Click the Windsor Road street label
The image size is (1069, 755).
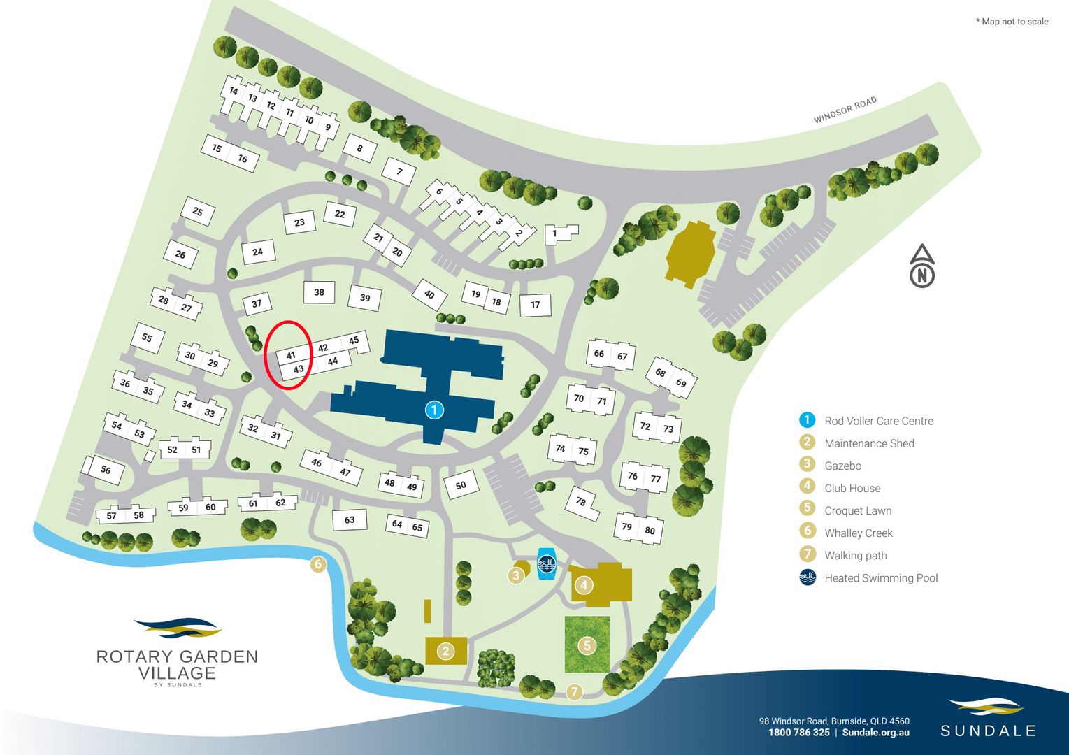[x=845, y=110]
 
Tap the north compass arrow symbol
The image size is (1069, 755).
[x=922, y=266]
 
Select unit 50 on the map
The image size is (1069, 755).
[x=460, y=485]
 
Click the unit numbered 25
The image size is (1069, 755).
[x=198, y=211]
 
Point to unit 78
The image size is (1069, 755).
[x=581, y=501]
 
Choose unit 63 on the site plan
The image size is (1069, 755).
[x=350, y=519]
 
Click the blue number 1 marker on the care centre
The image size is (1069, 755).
[x=433, y=410]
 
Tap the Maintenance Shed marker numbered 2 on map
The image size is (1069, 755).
[x=445, y=652]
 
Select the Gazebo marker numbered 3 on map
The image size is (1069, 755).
[x=516, y=575]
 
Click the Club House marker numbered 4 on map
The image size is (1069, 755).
[x=583, y=584]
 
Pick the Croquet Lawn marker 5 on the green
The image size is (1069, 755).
[x=587, y=645]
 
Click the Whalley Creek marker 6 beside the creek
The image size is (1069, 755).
[x=318, y=564]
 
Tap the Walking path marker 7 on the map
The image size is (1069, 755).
[x=574, y=691]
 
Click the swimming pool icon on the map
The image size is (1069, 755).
[x=546, y=563]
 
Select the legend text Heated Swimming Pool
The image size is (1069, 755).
[x=881, y=578]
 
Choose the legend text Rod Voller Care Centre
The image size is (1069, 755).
[x=879, y=421]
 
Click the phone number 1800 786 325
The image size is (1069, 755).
[x=798, y=733]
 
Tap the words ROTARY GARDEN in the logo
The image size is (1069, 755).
[x=177, y=656]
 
